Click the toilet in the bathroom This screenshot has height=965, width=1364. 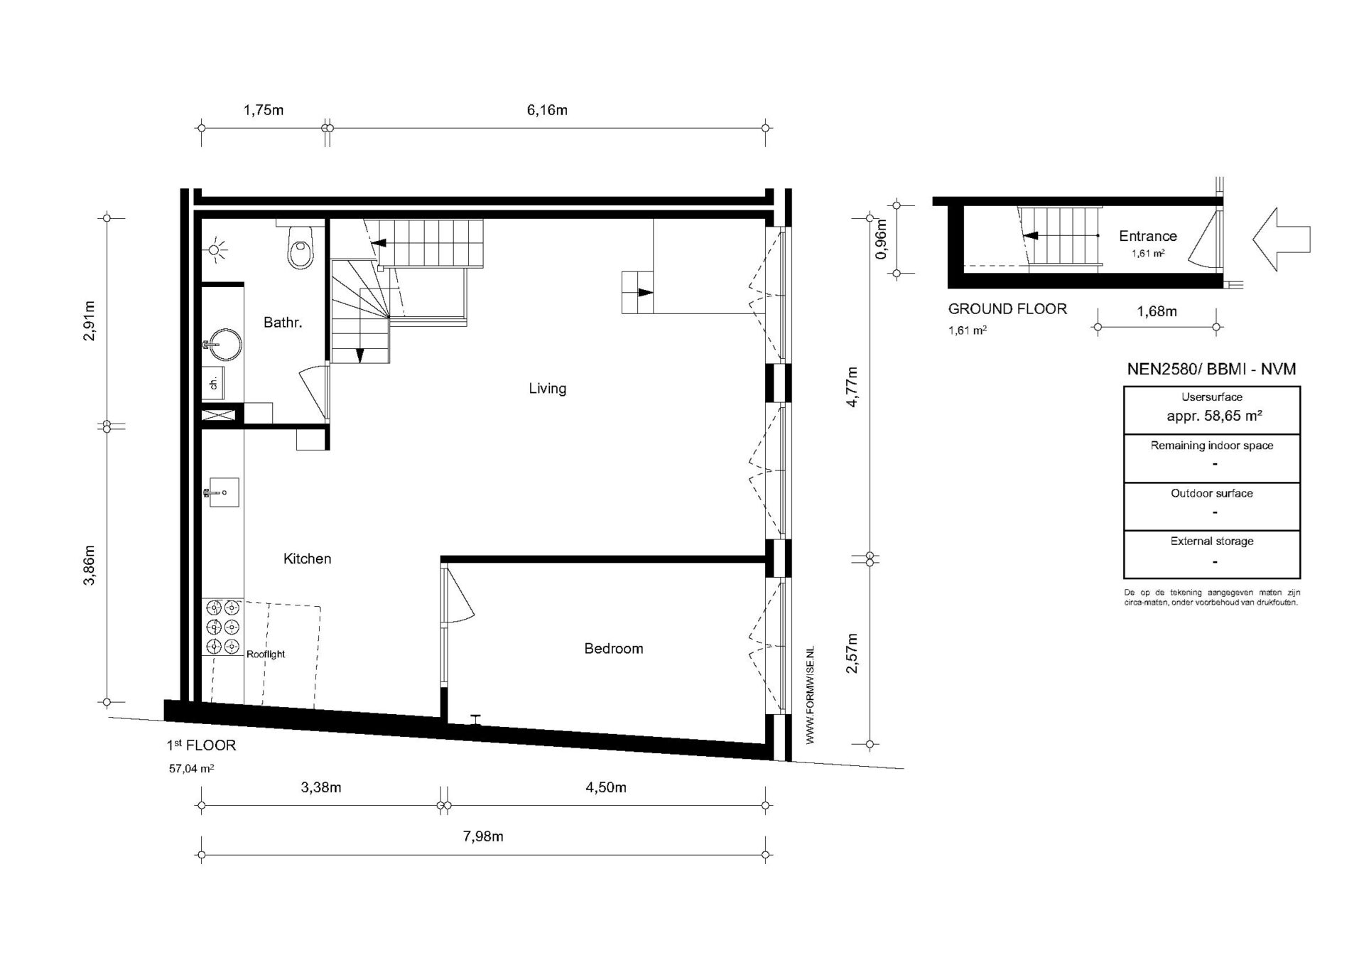[301, 245]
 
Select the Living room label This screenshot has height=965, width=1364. [547, 388]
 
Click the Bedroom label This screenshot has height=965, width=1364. [613, 648]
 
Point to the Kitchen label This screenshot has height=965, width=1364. [307, 559]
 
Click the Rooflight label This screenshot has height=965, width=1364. [266, 654]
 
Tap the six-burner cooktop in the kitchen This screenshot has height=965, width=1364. [222, 627]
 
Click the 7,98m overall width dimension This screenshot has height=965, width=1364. [483, 836]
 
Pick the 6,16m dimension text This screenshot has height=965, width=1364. [546, 110]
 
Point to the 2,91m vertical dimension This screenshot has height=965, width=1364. [90, 321]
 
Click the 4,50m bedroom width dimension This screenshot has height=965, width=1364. [605, 787]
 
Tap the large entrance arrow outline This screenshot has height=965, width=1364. [1281, 239]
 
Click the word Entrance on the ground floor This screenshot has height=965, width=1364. [1147, 236]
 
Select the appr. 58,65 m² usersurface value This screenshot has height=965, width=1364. [1214, 416]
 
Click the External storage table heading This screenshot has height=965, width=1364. [1211, 541]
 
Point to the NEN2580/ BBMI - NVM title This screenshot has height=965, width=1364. [1211, 369]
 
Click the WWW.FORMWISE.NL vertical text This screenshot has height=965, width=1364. [810, 696]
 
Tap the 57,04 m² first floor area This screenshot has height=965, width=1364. [191, 768]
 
